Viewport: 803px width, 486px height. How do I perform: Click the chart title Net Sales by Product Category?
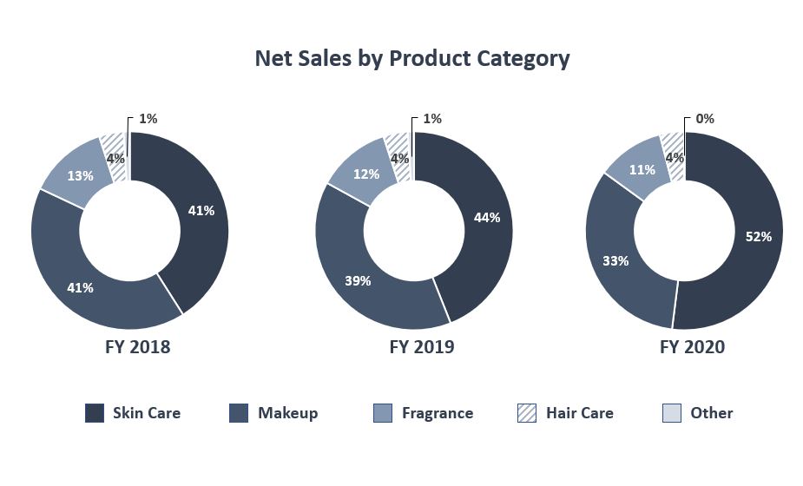pos(411,58)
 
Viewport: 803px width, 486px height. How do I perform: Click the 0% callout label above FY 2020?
pos(705,119)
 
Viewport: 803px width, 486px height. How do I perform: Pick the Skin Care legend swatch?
pos(95,413)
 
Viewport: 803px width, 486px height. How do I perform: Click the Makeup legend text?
pos(287,413)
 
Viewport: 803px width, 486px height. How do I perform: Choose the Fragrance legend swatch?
pos(384,413)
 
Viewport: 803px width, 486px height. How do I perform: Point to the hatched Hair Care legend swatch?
pos(528,413)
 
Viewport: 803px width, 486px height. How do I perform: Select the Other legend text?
pos(711,413)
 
